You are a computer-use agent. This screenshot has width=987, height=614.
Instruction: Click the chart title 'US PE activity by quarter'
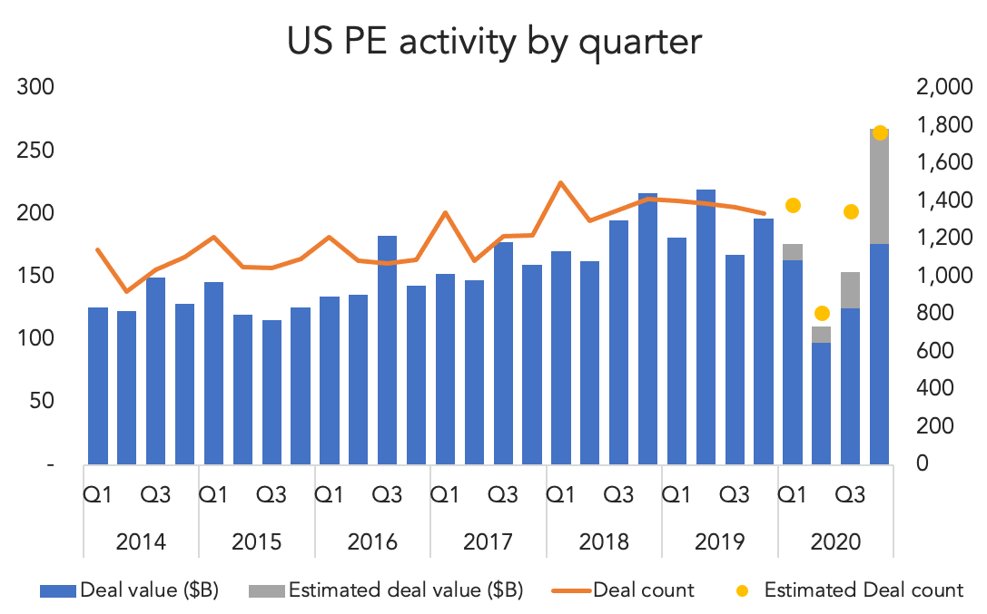click(x=494, y=43)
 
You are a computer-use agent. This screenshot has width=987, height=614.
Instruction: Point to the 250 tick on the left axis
click(x=35, y=151)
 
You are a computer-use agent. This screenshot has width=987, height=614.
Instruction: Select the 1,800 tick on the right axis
click(x=944, y=124)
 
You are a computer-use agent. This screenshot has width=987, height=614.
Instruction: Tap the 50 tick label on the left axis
click(x=42, y=400)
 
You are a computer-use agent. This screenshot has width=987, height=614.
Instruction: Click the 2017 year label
click(x=488, y=541)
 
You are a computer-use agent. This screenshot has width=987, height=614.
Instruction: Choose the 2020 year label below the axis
click(x=835, y=541)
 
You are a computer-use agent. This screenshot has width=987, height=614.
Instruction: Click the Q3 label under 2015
click(x=271, y=495)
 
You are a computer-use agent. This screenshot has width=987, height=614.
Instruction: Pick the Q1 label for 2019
click(x=676, y=495)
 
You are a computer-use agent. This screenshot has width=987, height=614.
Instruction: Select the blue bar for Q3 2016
click(x=387, y=350)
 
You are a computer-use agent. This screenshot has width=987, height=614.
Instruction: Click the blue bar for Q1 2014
click(x=97, y=385)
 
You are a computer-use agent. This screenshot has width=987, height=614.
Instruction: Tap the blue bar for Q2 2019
click(x=706, y=326)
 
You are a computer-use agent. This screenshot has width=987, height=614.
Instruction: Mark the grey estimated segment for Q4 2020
click(x=879, y=187)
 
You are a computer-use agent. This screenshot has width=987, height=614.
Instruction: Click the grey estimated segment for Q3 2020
click(x=851, y=290)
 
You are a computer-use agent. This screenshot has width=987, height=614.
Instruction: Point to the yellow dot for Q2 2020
click(x=822, y=314)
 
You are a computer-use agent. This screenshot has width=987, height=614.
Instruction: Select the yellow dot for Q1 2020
click(x=793, y=206)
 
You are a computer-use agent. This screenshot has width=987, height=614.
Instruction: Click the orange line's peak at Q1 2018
click(x=561, y=183)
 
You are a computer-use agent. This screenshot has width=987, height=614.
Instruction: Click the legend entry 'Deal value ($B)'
click(x=129, y=590)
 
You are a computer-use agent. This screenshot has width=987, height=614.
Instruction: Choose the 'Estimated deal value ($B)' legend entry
click(x=386, y=590)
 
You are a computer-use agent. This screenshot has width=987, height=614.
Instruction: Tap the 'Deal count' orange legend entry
click(x=623, y=590)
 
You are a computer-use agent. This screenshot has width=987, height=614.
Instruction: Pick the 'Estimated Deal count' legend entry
click(x=850, y=590)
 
